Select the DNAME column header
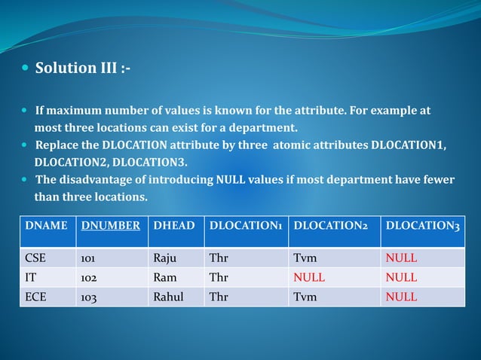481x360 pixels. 46,224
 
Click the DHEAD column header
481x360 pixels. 174,224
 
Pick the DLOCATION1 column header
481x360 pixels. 247,224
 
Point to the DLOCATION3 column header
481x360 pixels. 422,224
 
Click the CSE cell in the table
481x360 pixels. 35,258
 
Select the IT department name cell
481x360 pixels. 31,277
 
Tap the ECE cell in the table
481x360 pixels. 35,297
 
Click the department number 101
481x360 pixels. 88,258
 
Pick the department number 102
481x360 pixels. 89,277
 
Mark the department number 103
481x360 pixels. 89,297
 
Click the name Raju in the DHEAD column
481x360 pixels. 164,258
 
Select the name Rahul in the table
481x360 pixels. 168,297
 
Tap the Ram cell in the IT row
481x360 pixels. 164,277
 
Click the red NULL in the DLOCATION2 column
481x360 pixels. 309,277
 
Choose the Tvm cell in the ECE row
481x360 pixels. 305,297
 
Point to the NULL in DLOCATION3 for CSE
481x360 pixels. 401,258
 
